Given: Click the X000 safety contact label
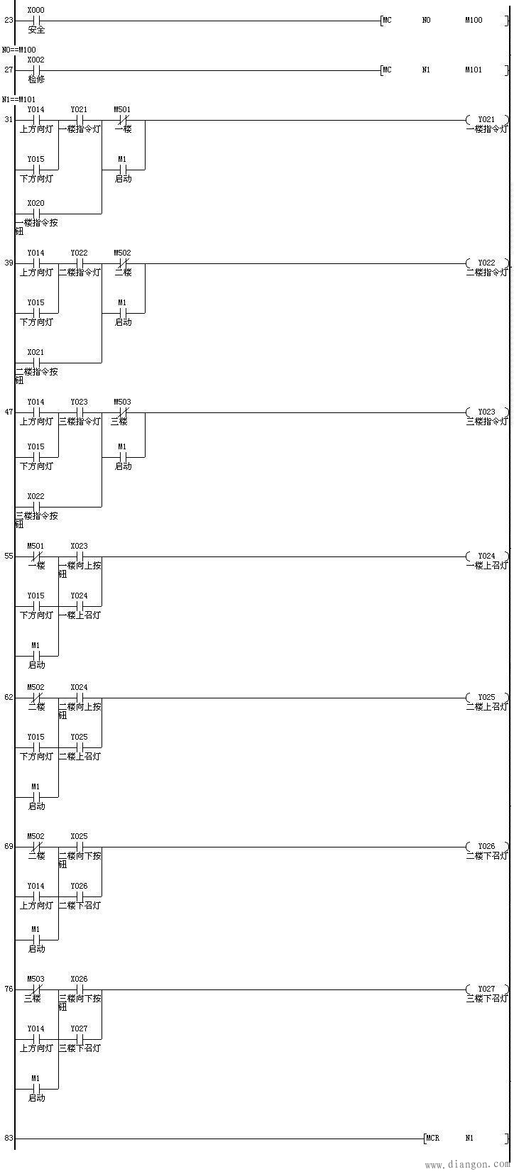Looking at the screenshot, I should pyautogui.click(x=35, y=10).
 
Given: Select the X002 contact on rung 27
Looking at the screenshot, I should pyautogui.click(x=35, y=70).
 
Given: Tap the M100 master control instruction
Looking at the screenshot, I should pyautogui.click(x=474, y=21).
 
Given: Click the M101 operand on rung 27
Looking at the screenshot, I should pyautogui.click(x=474, y=70).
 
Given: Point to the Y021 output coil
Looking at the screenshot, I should pyautogui.click(x=486, y=120).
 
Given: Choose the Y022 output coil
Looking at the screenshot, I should pyautogui.click(x=486, y=263).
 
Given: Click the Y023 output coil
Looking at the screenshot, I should pyautogui.click(x=486, y=412).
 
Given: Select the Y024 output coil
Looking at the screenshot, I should pyautogui.click(x=486, y=556).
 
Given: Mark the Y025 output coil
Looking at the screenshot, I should pyautogui.click(x=486, y=698).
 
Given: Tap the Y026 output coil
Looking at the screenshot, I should pyautogui.click(x=486, y=847).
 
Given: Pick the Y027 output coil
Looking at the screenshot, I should pyautogui.click(x=486, y=989).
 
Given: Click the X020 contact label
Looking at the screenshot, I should pyautogui.click(x=35, y=203).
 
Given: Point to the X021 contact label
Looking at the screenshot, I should pyautogui.click(x=35, y=352).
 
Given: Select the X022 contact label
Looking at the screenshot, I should pyautogui.click(x=35, y=496).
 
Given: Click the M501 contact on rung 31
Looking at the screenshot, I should pyautogui.click(x=123, y=120).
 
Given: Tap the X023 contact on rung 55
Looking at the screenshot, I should pyautogui.click(x=80, y=556).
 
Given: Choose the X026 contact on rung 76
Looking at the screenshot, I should pyautogui.click(x=80, y=989).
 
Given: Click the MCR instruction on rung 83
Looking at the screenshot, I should pyautogui.click(x=432, y=1139).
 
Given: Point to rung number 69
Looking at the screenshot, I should pyautogui.click(x=9, y=847).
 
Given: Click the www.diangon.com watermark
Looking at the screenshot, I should pyautogui.click(x=467, y=1165).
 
